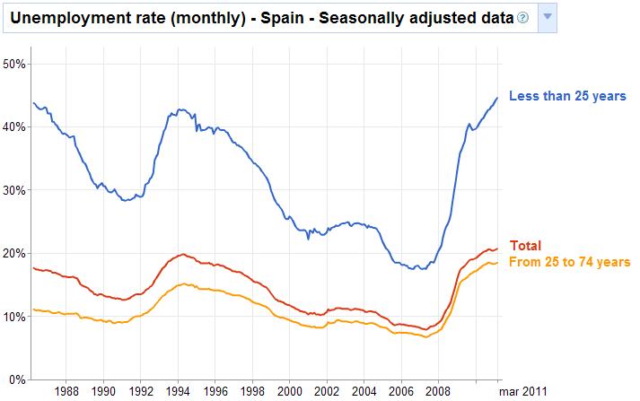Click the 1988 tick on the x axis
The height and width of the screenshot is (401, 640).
[x=66, y=391]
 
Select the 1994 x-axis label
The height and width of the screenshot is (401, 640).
[x=178, y=391]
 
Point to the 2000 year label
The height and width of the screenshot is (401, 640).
[x=289, y=391]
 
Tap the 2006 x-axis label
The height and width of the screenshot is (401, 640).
[x=400, y=391]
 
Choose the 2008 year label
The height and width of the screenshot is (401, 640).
[x=438, y=391]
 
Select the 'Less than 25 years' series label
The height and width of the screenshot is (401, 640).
[x=566, y=97]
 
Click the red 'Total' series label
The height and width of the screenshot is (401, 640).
[x=525, y=245]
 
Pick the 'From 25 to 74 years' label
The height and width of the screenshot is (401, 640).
[x=569, y=261]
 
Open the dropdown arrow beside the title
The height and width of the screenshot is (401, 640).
[x=548, y=17]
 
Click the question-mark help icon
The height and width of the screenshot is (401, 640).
[x=522, y=18]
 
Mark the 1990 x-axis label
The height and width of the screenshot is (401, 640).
[x=103, y=391]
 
